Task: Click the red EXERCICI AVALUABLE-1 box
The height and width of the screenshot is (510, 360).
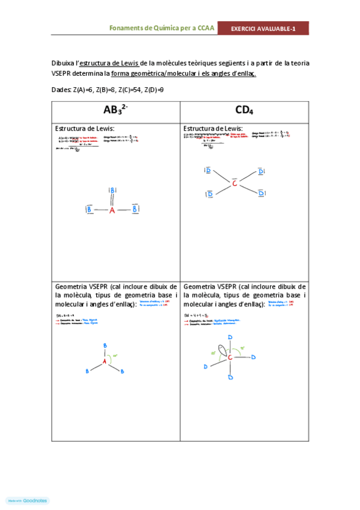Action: [x=263, y=28]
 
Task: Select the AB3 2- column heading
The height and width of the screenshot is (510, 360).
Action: [x=116, y=110]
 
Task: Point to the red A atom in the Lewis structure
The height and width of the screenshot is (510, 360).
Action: [x=112, y=210]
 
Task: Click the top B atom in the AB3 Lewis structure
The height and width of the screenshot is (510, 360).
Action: [x=112, y=191]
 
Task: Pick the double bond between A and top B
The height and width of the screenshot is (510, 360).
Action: [x=112, y=201]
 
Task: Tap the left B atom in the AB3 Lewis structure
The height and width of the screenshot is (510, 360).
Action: [x=90, y=210]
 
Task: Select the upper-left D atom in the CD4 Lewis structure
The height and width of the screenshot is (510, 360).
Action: [x=208, y=171]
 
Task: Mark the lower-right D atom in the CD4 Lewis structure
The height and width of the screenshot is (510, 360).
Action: [x=261, y=194]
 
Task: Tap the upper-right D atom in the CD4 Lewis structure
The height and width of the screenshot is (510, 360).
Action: [x=261, y=172]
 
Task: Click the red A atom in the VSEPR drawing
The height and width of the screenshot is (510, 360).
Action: [x=104, y=361]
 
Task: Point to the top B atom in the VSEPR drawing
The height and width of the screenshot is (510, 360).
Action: [x=105, y=345]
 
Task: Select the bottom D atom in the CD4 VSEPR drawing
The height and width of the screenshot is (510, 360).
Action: [x=230, y=378]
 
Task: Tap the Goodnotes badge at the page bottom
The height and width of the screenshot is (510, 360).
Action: [x=27, y=500]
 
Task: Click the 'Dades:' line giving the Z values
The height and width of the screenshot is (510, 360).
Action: [x=109, y=89]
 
